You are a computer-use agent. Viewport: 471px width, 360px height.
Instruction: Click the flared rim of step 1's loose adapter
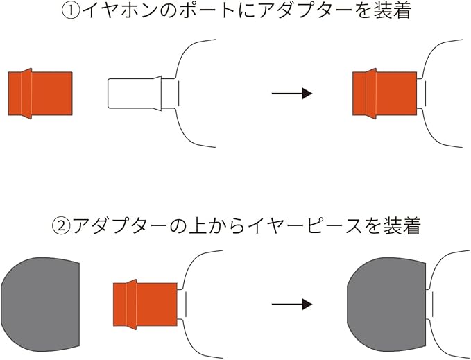point(26,93)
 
